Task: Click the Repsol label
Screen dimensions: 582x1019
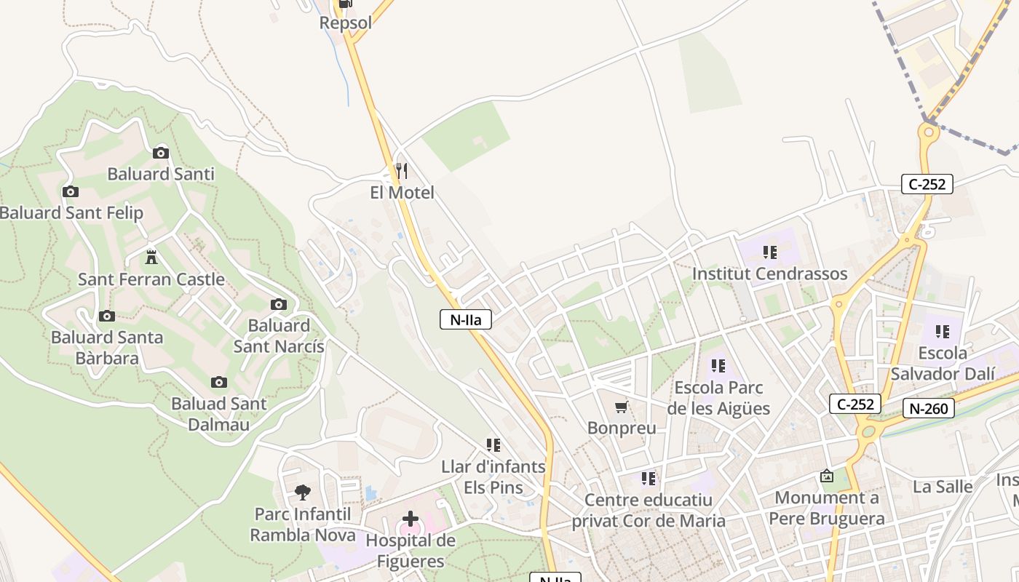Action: coord(346,23)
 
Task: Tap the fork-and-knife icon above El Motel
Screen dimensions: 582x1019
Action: coord(401,171)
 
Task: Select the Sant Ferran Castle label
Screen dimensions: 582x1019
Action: coord(151,279)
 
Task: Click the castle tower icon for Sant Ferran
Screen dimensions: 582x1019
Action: coord(151,257)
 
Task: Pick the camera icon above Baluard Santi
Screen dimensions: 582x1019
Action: coord(161,153)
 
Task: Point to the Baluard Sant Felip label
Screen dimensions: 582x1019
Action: coord(71,213)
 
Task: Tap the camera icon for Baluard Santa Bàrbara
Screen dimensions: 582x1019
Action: coord(107,316)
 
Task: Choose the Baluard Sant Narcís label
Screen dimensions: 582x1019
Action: coord(279,335)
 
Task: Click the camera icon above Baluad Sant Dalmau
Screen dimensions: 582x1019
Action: coord(218,382)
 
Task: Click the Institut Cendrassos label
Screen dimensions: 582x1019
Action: coord(769,274)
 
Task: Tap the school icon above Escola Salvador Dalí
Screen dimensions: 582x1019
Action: coord(943,332)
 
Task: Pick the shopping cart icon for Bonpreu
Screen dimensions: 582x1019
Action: coord(622,407)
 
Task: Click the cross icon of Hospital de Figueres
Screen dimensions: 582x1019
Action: coord(411,519)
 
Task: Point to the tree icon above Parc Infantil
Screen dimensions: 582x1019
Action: coord(303,493)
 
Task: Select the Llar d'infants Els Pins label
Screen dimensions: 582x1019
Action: coord(493,477)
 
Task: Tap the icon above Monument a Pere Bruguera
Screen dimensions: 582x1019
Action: coord(827,477)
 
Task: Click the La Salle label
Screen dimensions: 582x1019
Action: coord(943,487)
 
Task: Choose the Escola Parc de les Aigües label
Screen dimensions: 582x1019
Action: coord(718,398)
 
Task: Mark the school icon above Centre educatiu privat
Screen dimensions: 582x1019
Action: coord(649,479)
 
